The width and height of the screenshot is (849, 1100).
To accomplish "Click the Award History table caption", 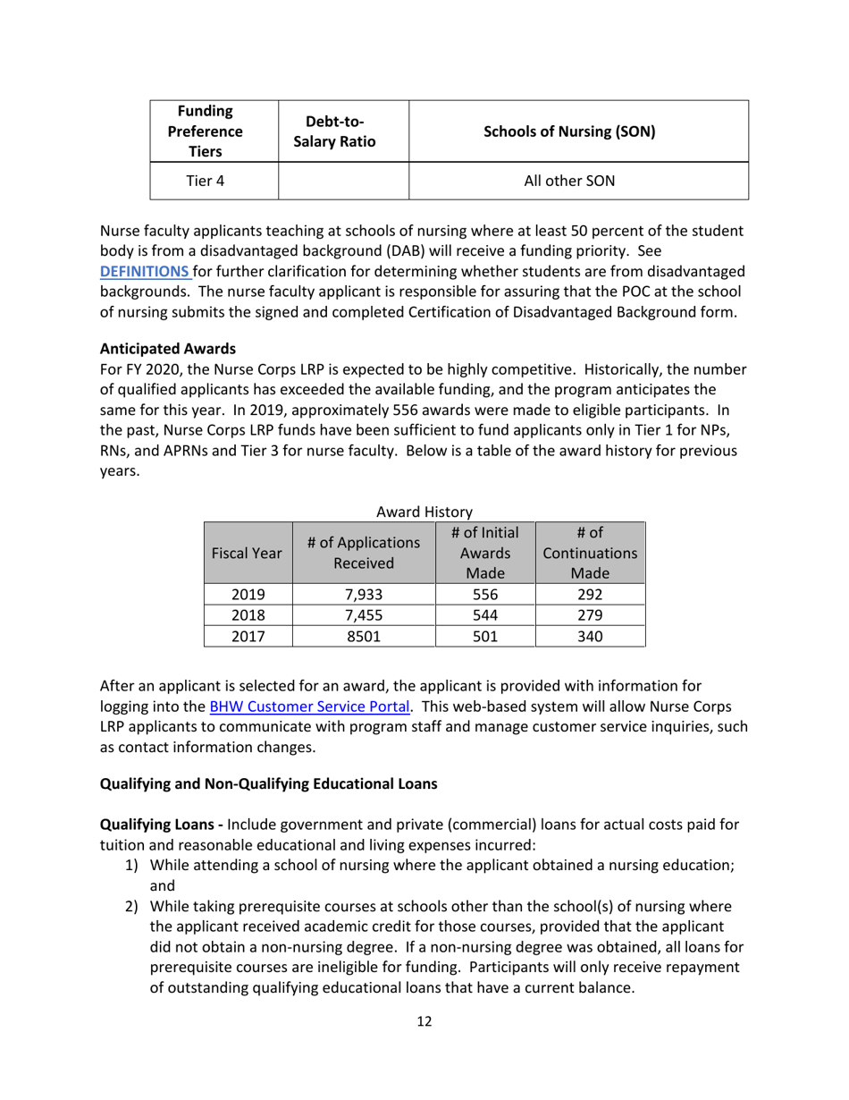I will click(424, 511).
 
